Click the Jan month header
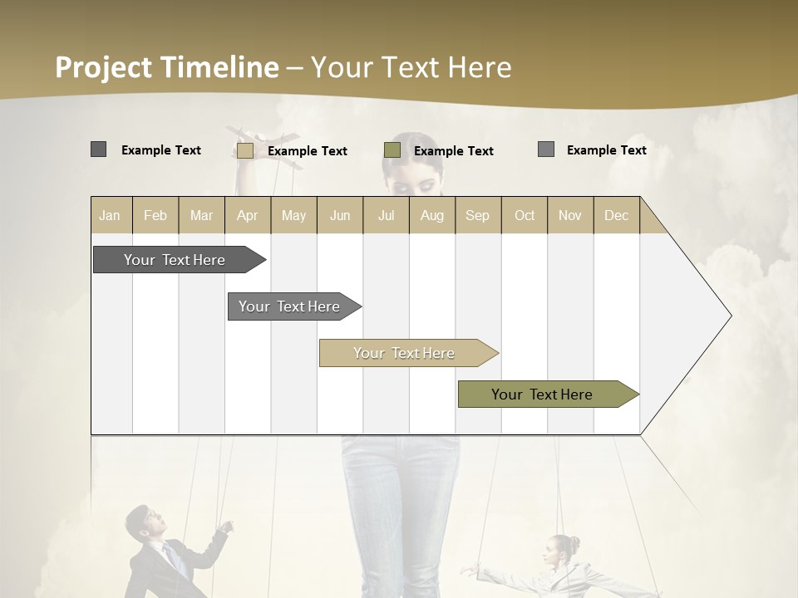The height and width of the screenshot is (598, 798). [x=110, y=215]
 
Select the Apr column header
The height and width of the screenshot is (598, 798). [x=247, y=215]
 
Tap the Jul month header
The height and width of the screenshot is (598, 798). [x=386, y=215]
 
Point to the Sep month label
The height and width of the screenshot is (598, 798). [x=477, y=215]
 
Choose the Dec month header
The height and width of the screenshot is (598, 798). [x=616, y=215]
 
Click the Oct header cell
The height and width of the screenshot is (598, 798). [x=524, y=215]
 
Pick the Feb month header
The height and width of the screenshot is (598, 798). [x=155, y=215]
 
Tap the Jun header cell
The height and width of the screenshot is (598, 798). [x=340, y=215]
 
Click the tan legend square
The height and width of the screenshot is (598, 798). [x=245, y=150]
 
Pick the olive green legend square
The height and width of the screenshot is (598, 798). [x=392, y=150]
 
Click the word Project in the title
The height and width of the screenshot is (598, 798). [x=103, y=67]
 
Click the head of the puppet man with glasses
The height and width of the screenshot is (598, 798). [x=152, y=523]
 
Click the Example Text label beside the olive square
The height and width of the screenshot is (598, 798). [x=453, y=151]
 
